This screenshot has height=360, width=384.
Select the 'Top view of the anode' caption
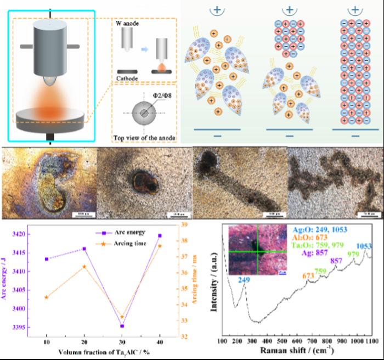click(143, 133)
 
